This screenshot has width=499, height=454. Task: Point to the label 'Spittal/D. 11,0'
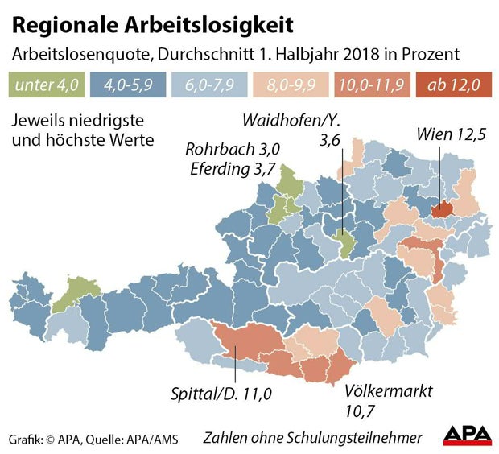click(x=222, y=394)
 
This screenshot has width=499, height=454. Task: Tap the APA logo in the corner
click(x=467, y=435)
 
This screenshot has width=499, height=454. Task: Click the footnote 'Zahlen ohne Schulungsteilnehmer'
click(x=312, y=438)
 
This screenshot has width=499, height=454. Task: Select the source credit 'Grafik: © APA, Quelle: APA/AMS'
click(x=94, y=439)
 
